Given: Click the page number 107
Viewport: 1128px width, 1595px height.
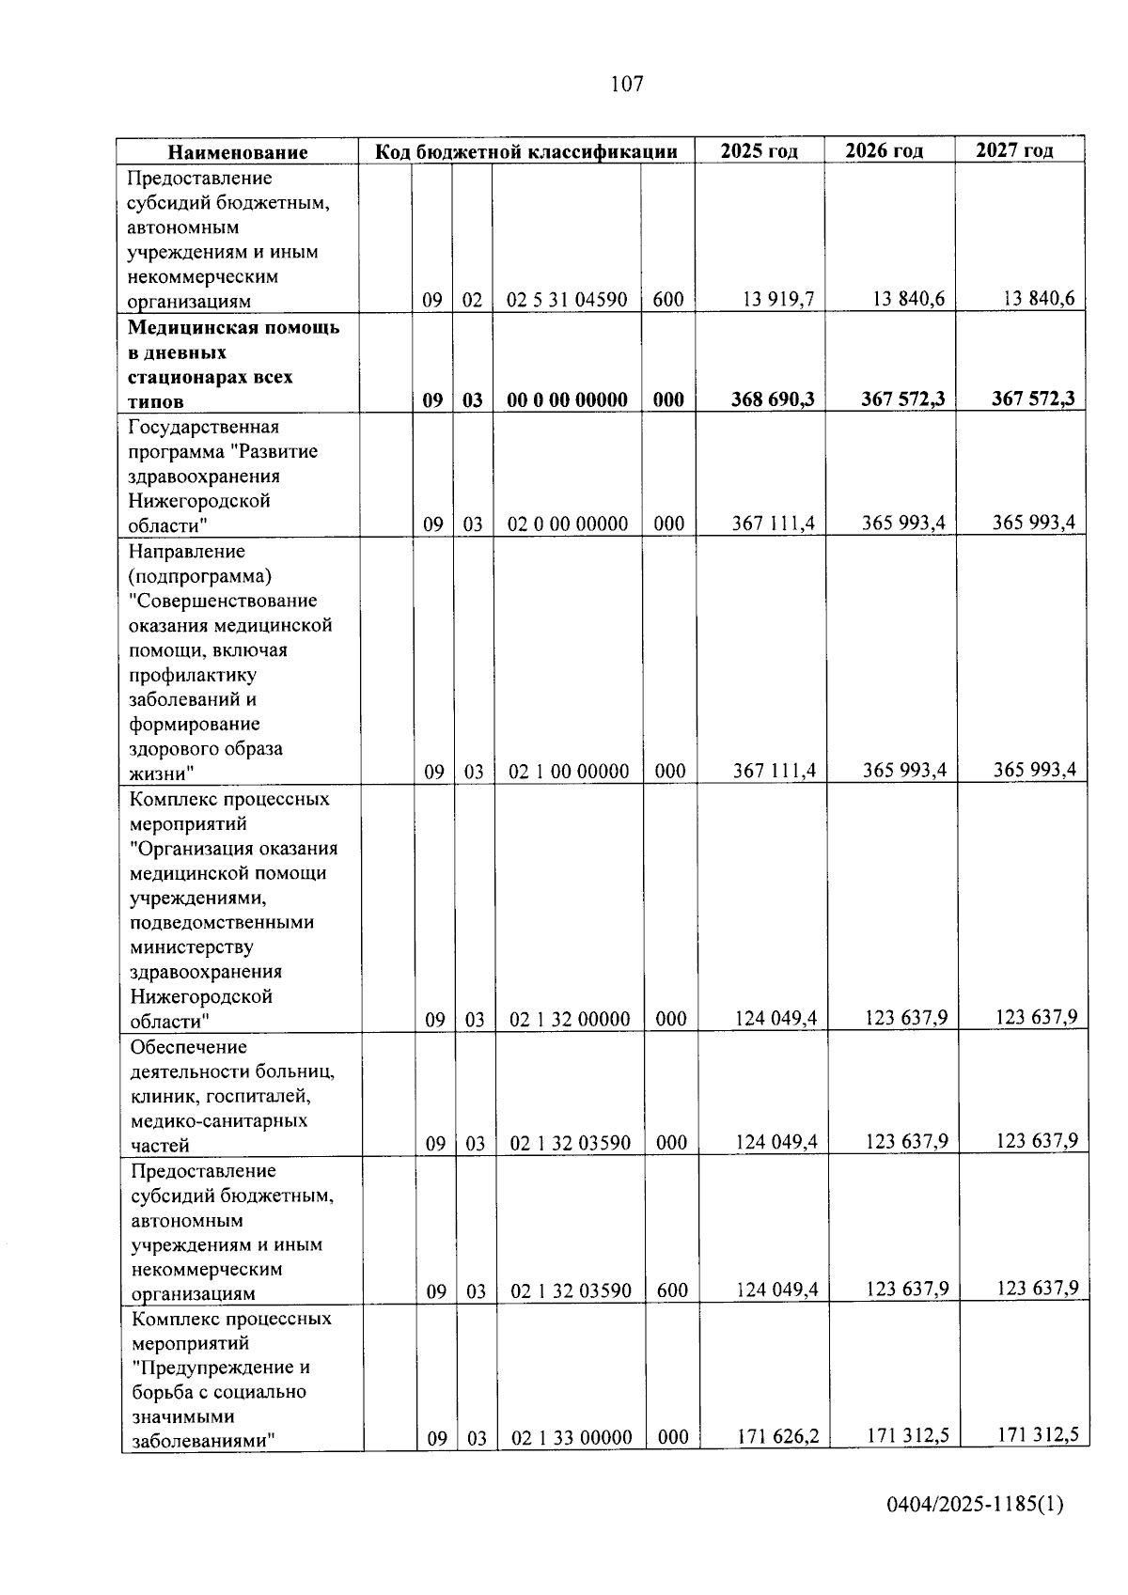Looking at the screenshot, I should coord(627,85).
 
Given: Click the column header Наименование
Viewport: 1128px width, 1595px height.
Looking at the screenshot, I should coord(238,152).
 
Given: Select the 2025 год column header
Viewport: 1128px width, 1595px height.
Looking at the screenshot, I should coord(759,151).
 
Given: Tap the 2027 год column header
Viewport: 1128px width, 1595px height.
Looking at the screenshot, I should coord(1014,150).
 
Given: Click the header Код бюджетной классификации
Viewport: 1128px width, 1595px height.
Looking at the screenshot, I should coord(526,152).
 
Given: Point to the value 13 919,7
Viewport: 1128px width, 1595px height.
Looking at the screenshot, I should coord(778,300).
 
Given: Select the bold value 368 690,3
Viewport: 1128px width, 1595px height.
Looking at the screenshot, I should coord(773,399).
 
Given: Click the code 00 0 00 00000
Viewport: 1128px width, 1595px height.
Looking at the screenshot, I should coord(567,400).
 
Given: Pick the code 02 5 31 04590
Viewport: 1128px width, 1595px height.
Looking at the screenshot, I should coord(567,301).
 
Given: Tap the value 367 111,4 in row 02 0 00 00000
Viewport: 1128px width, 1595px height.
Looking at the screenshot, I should coord(774,524).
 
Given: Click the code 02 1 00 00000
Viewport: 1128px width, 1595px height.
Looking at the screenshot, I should coord(569,772).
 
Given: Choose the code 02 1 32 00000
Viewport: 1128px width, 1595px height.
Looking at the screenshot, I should coord(570,1020).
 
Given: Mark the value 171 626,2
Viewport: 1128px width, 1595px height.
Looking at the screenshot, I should coord(777,1437).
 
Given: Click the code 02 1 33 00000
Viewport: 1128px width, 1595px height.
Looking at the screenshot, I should coord(572,1438).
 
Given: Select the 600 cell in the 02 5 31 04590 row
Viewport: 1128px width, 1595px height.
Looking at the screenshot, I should coord(668,301).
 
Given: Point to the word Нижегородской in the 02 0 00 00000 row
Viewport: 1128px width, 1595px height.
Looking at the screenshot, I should coord(199,501).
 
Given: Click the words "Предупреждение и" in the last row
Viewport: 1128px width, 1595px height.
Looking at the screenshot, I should coord(221,1368).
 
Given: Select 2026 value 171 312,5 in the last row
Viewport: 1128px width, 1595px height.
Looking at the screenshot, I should coord(907,1436).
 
